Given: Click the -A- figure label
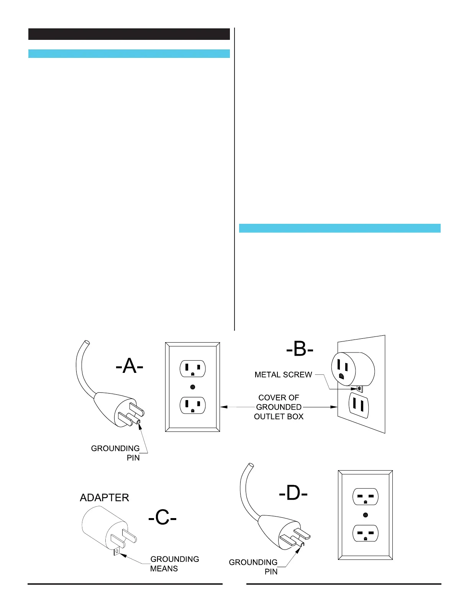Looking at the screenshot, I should click(x=130, y=367).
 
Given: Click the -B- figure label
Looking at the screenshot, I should click(x=300, y=350).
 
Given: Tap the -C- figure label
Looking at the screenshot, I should click(x=162, y=518).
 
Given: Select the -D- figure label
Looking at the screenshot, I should click(x=293, y=494).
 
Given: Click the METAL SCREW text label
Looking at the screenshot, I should click(x=283, y=375).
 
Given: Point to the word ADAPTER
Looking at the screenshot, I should click(x=104, y=497).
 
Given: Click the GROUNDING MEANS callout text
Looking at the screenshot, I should click(x=174, y=564).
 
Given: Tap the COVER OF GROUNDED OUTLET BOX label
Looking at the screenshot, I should click(x=279, y=407).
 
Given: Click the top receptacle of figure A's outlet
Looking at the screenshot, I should click(x=193, y=369).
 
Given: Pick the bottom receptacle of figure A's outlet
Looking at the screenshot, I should click(x=193, y=405).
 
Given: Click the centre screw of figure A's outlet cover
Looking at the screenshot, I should click(x=193, y=387).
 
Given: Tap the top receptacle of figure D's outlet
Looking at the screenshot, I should click(x=366, y=497).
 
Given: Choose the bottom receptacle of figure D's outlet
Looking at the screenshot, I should click(x=366, y=533).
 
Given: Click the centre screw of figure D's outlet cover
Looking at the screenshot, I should click(x=366, y=515).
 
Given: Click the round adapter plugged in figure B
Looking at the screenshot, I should click(x=353, y=369).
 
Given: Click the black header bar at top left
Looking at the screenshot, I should click(x=129, y=34).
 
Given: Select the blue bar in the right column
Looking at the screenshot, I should click(x=339, y=228).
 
